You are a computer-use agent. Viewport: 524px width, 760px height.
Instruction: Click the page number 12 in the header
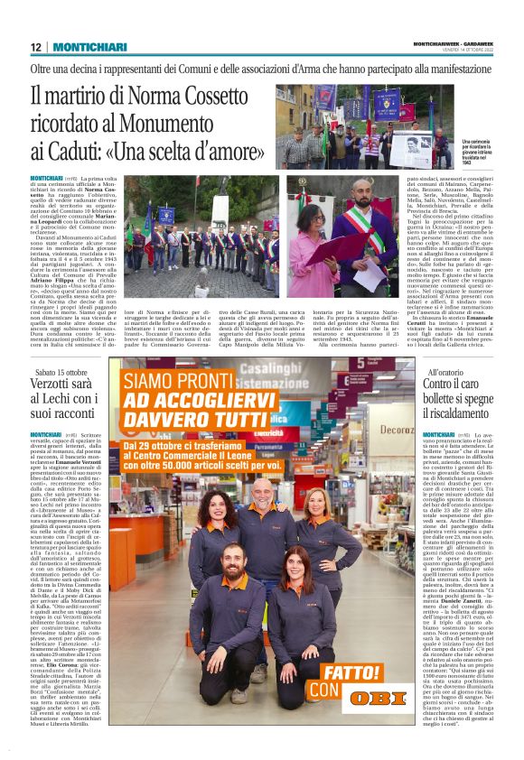[x=35, y=47]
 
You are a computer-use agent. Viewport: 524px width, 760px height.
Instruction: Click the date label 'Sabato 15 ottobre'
[x=61, y=372]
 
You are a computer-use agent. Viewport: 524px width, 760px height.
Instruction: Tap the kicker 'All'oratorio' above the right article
[x=445, y=372]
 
